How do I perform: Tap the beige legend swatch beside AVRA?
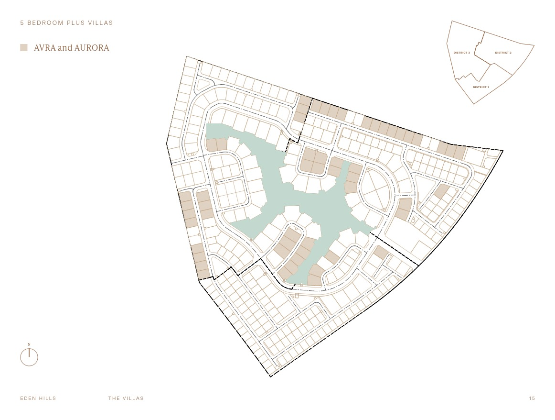click(24, 47)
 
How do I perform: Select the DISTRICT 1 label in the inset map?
click(480, 87)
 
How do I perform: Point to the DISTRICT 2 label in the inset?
click(503, 53)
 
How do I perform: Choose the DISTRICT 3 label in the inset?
click(461, 53)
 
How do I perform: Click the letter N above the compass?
click(29, 344)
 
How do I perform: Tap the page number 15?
click(532, 398)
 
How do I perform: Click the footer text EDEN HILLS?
click(38, 398)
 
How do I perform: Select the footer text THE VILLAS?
click(126, 398)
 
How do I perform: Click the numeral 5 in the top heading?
click(22, 23)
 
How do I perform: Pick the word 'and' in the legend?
click(65, 48)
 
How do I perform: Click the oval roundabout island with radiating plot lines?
click(375, 189)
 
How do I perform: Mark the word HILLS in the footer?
click(47, 398)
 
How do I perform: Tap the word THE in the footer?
click(114, 398)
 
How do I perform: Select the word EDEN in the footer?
click(28, 398)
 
